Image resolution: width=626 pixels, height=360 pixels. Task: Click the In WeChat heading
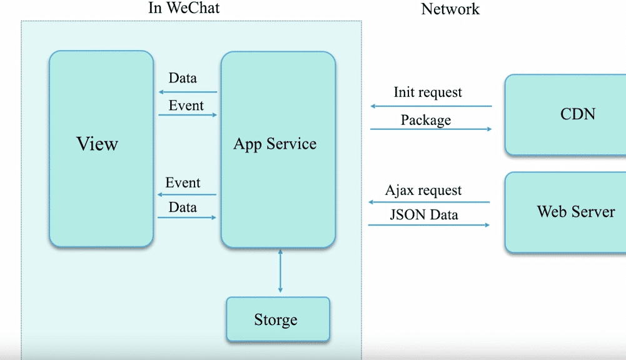point(184,8)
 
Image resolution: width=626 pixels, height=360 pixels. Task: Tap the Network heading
point(450,9)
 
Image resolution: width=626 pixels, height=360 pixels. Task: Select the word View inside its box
point(97,144)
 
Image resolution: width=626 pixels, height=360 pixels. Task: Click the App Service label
point(275,144)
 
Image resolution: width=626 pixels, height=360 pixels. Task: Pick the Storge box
point(278,319)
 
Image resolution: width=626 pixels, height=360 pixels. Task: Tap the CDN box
point(565,114)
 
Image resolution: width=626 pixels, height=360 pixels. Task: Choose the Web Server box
point(565,212)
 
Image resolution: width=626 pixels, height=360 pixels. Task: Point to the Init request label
point(428,92)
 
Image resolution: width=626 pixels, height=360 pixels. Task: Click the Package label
point(426,120)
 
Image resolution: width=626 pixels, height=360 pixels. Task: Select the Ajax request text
point(423,191)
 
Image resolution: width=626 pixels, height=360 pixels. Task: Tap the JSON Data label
point(424,215)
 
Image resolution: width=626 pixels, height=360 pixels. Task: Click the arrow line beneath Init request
point(431,106)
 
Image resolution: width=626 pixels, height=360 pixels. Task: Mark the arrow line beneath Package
point(431,129)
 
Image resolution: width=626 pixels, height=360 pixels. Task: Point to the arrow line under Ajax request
point(429,202)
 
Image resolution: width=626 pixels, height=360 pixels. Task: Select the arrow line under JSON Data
point(429,225)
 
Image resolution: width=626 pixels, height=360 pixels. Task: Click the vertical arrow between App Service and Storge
point(280,271)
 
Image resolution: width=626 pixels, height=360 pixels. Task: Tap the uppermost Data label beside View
point(183,78)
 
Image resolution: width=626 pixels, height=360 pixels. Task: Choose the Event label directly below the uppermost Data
point(186,106)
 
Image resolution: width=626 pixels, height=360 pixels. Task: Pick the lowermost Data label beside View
point(183,207)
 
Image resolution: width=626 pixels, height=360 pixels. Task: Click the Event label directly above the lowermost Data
point(183,182)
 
